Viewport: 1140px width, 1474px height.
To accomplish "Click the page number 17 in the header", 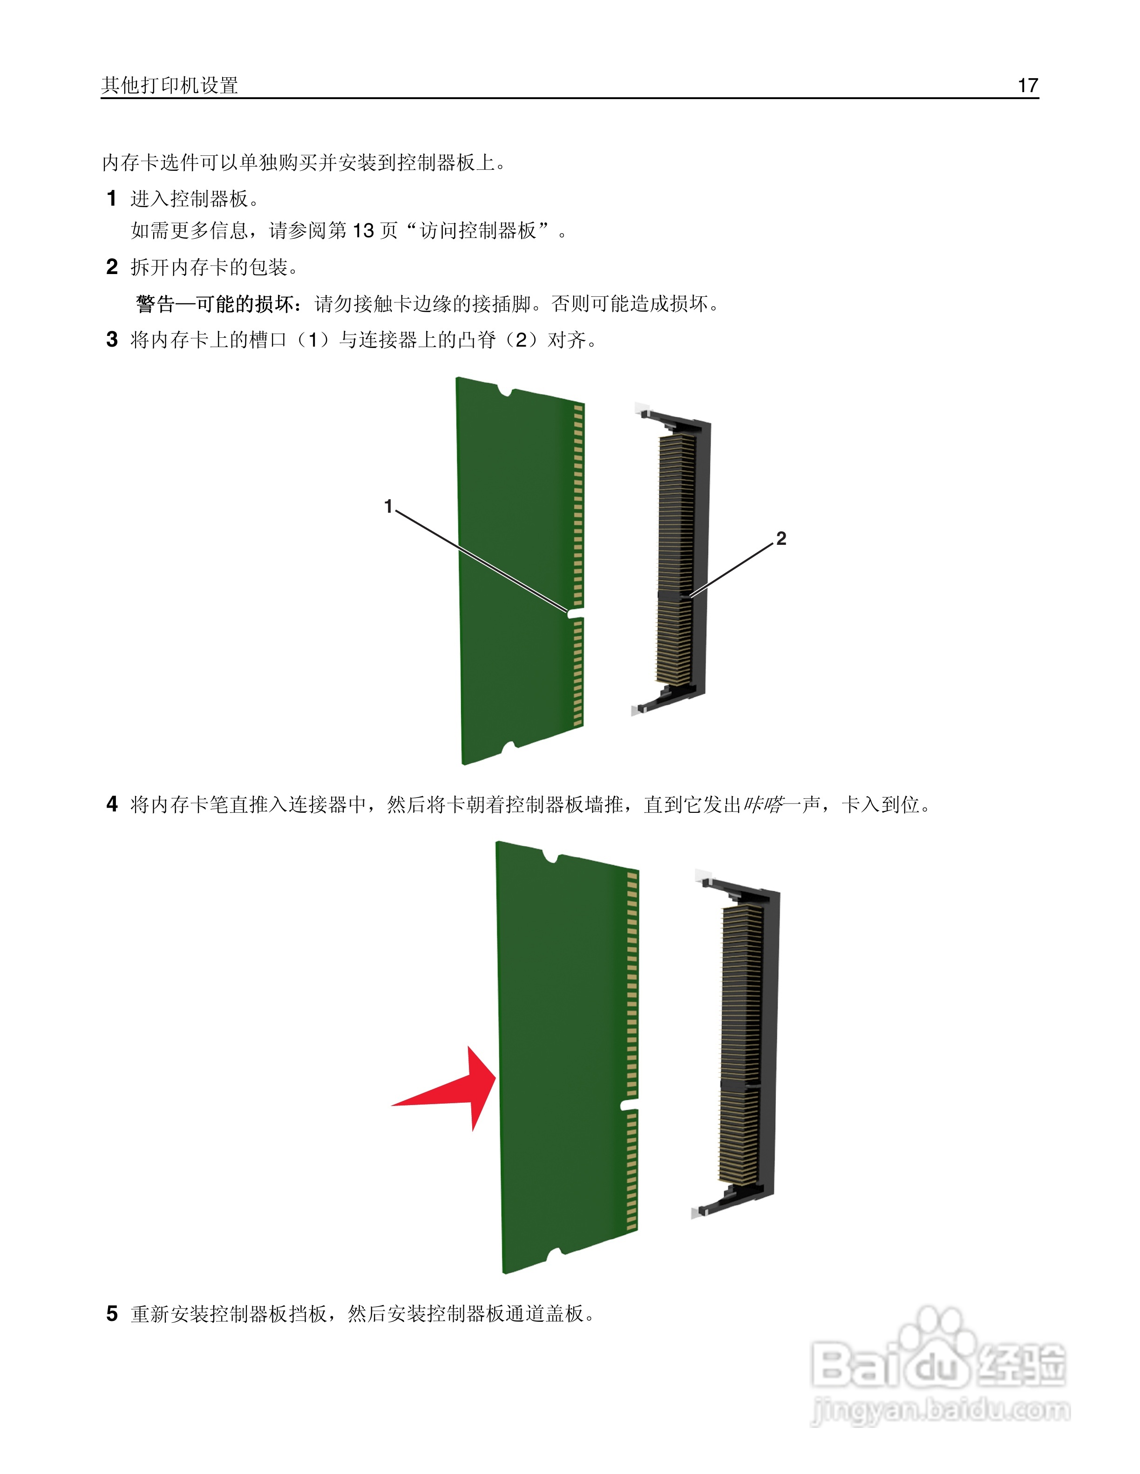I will pyautogui.click(x=1027, y=86).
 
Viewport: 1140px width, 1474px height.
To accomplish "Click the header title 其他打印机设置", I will pyautogui.click(x=170, y=86).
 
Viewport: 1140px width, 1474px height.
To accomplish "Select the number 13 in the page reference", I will pyautogui.click(x=363, y=231).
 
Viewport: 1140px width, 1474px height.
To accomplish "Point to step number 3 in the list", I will pyautogui.click(x=112, y=340).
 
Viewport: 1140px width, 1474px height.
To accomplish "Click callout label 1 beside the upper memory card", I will pyautogui.click(x=388, y=506).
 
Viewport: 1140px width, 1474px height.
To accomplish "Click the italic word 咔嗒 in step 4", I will pyautogui.click(x=763, y=804).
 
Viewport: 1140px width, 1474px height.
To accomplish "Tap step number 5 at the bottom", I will pyautogui.click(x=112, y=1313).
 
